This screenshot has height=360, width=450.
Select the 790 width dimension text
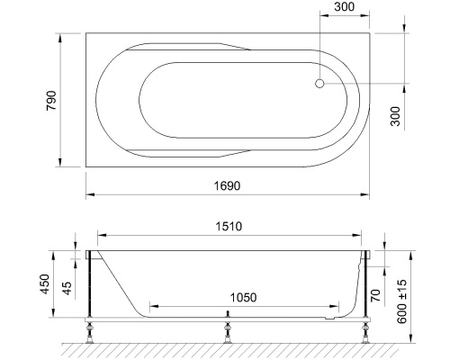(51, 100)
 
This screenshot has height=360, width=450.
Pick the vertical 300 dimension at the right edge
(395, 115)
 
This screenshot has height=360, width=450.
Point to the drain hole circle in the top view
(319, 84)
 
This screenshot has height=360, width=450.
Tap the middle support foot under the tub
(229, 329)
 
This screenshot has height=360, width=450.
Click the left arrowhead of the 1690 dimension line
(89, 195)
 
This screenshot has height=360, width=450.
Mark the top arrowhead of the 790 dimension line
(60, 37)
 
